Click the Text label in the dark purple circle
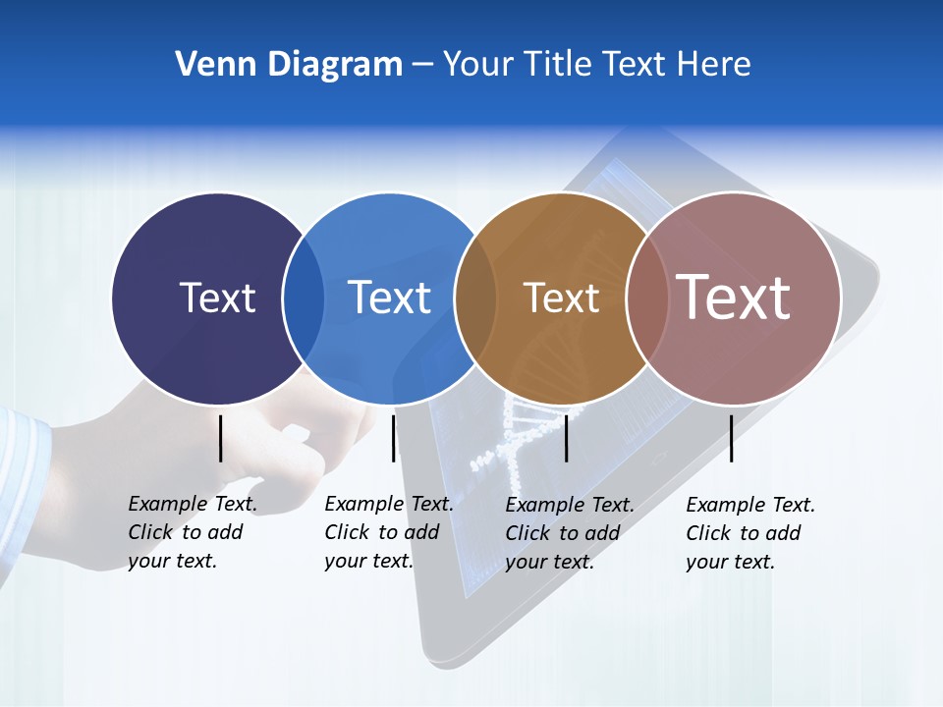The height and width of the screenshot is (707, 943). click(217, 298)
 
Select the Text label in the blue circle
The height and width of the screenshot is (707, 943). click(389, 298)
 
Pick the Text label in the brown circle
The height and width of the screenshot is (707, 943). click(561, 298)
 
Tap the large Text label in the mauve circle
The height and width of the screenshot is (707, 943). click(734, 298)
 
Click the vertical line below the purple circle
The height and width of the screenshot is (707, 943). click(221, 438)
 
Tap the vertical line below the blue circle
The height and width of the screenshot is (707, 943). click(393, 438)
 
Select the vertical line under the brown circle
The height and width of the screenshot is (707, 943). click(566, 438)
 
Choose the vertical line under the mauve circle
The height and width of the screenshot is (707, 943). click(731, 438)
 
